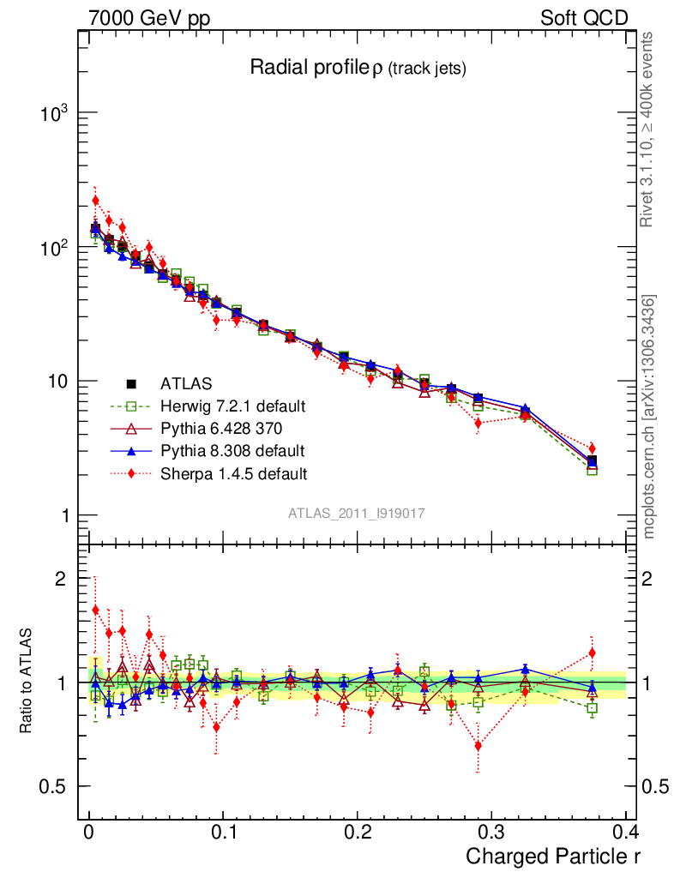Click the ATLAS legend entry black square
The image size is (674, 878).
(x=132, y=383)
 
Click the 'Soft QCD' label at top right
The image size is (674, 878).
(x=584, y=18)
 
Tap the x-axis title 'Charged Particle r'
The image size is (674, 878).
(x=552, y=856)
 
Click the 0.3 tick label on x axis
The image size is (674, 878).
(x=490, y=833)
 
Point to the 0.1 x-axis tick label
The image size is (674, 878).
(x=222, y=833)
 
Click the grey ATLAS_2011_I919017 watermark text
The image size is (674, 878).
(x=357, y=513)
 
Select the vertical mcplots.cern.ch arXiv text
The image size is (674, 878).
(x=650, y=417)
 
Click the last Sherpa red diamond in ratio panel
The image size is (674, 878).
(x=592, y=653)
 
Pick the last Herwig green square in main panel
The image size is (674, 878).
(x=592, y=470)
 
